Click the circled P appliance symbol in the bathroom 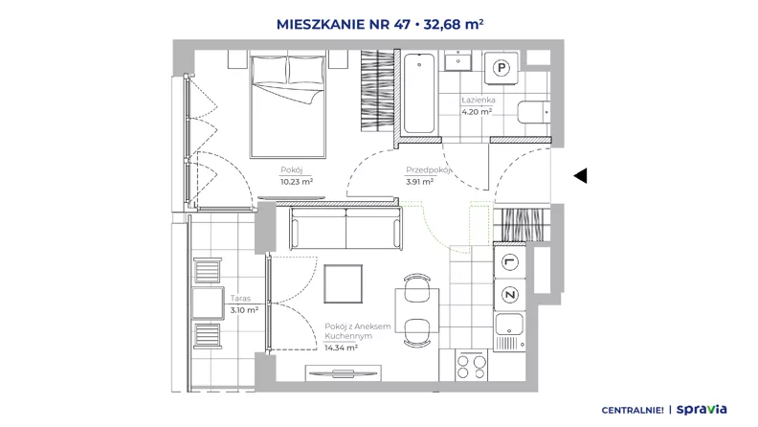pos(502,68)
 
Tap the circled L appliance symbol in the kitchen pos(509,262)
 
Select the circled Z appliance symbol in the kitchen pos(509,295)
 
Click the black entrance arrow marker pos(580,175)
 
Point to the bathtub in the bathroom pos(418,93)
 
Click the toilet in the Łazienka pos(534,112)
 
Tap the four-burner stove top pos(471,366)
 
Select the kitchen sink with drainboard pos(509,331)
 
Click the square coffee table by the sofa pos(344,283)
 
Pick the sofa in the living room pos(346,228)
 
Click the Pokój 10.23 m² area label pos(297,176)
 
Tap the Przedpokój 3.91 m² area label pos(428,176)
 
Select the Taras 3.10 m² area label pos(244,304)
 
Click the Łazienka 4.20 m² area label pos(479,106)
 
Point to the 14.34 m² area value pos(341,348)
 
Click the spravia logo pos(702,409)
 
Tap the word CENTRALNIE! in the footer pos(633,410)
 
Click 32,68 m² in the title pos(454,24)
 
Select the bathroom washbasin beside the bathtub pos(457,61)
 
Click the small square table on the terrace pos(208,303)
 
